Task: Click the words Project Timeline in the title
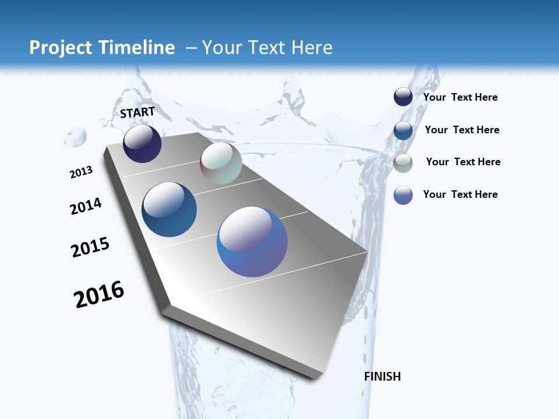point(102,48)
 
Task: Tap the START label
point(137,112)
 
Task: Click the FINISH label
point(383,377)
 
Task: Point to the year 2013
point(81,172)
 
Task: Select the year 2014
point(86,206)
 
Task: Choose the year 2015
point(90,247)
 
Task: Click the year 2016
point(99,294)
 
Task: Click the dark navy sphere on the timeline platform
point(142,144)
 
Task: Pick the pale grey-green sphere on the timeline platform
point(221,163)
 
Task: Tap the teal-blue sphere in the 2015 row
point(169,210)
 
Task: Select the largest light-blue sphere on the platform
point(252,242)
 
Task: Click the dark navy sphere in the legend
point(403,97)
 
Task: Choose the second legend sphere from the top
point(403,130)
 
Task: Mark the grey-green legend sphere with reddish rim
point(403,163)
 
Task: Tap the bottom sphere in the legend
point(403,195)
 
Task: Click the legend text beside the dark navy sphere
point(460,98)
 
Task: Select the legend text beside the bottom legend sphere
point(460,194)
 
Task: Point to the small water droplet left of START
point(76,138)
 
